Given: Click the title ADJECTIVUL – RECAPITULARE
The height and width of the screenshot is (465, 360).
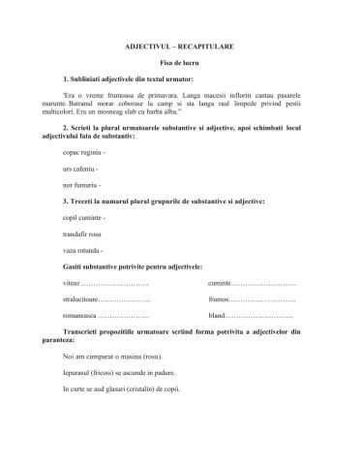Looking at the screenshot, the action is pyautogui.click(x=179, y=46).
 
